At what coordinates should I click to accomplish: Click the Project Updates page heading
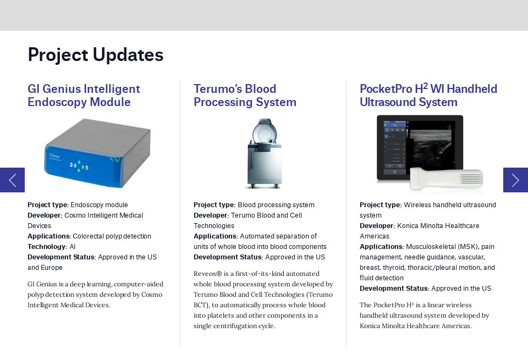click(96, 55)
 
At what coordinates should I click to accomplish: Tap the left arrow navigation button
click(12, 180)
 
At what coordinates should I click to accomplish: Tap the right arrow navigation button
click(515, 180)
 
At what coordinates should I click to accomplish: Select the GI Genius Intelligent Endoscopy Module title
click(84, 96)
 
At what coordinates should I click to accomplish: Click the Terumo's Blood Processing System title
click(245, 96)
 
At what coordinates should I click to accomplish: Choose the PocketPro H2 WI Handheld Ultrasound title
click(428, 96)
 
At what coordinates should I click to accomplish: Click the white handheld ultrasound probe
click(447, 179)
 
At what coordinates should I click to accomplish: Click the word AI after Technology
click(73, 247)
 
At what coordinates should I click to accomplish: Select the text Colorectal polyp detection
click(112, 236)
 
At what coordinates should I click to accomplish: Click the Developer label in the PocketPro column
click(377, 226)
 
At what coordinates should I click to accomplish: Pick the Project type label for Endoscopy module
click(48, 205)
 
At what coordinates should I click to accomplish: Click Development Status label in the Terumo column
click(228, 257)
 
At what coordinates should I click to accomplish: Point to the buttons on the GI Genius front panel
click(79, 164)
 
